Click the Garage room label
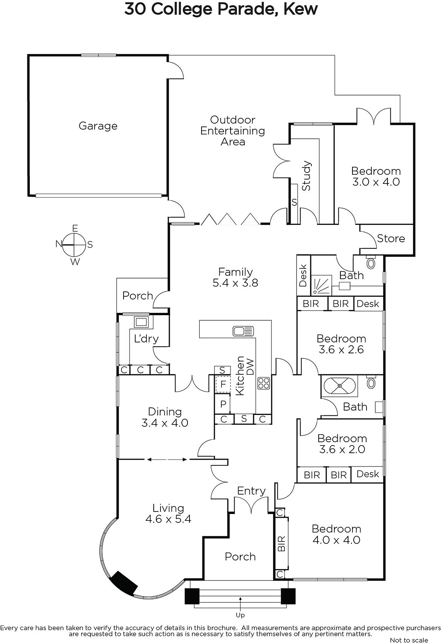(98, 126)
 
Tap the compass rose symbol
(74, 245)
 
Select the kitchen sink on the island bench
(243, 331)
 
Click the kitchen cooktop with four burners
(264, 384)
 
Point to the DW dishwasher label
(250, 367)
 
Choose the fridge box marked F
(223, 384)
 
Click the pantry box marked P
(223, 404)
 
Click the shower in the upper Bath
(321, 285)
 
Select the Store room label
(391, 238)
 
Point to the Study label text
(306, 175)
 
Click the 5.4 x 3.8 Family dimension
(235, 283)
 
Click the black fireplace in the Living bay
(124, 582)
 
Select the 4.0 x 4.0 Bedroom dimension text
(336, 540)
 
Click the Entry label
(251, 491)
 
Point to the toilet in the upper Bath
(371, 262)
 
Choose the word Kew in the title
(301, 10)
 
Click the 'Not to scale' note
(409, 640)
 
